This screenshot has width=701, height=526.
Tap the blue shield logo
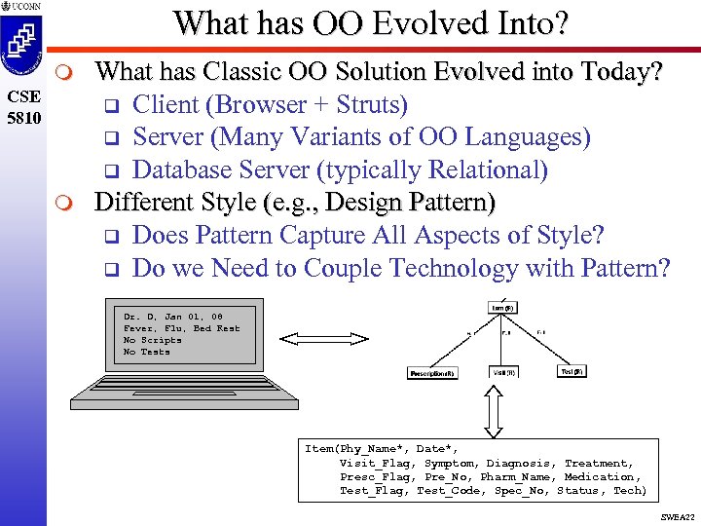coord(22,48)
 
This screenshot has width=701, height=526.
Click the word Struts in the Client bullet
coord(363,104)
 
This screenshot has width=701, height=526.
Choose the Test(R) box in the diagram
coord(572,371)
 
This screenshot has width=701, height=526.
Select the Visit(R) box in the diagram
coord(503,372)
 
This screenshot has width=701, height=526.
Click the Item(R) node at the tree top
coord(502,308)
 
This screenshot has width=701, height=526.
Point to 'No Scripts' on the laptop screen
coord(153,340)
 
